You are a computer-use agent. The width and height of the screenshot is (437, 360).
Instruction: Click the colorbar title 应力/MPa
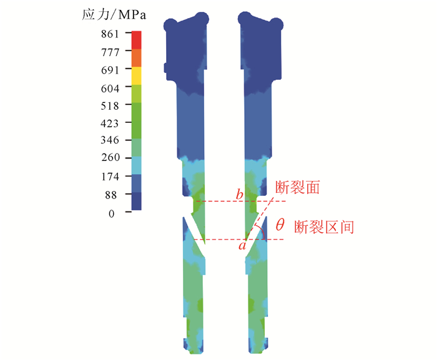114,14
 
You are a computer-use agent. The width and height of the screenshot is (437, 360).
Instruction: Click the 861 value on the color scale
110,34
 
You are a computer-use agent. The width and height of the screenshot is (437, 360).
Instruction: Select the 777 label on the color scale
110,52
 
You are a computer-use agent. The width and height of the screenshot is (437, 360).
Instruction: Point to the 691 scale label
110,70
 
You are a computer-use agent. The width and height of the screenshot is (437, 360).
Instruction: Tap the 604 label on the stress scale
110,89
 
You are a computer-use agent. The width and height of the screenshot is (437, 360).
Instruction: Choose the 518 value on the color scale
110,106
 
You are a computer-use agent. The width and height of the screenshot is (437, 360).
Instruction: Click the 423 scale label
109,123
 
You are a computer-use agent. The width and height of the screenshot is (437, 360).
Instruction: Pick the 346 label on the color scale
110,140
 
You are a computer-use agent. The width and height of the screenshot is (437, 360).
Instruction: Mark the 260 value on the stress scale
110,157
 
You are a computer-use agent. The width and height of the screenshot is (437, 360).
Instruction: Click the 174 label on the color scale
110,177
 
